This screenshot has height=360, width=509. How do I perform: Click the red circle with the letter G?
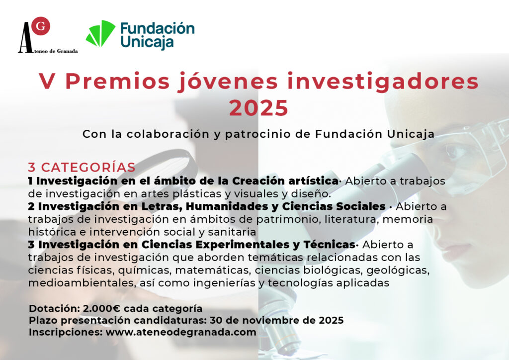pyautogui.click(x=41, y=26)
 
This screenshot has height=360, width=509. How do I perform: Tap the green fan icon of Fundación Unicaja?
pyautogui.click(x=100, y=33)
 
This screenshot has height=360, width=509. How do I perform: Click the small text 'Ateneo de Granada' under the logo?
pyautogui.click(x=52, y=51)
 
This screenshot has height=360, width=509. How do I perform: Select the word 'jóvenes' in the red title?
pyautogui.click(x=228, y=82)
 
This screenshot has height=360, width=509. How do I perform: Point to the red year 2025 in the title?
pyautogui.click(x=258, y=108)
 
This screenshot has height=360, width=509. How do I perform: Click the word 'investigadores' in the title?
pyautogui.click(x=383, y=81)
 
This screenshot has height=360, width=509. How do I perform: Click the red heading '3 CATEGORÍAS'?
pyautogui.click(x=82, y=167)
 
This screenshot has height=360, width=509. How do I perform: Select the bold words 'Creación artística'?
pyautogui.click(x=285, y=180)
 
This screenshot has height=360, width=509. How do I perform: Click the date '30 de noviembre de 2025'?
pyautogui.click(x=276, y=320)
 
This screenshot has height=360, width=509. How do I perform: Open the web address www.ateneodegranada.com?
pyautogui.click(x=181, y=333)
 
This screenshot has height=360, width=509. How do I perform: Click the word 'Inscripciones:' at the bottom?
pyautogui.click(x=66, y=333)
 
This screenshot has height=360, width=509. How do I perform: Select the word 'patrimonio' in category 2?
pyautogui.click(x=285, y=219)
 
